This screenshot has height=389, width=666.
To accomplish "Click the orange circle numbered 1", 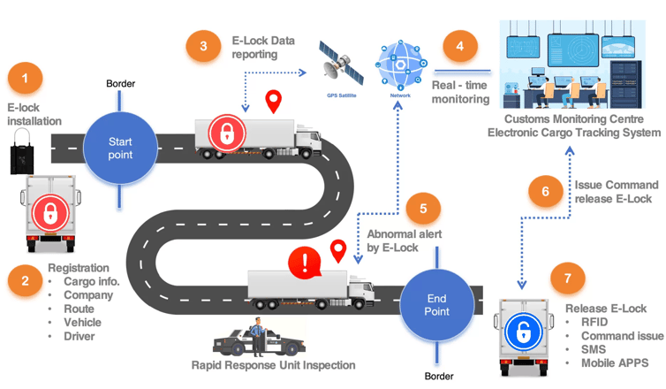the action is [25, 78].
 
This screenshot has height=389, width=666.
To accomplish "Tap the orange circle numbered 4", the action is [460, 46].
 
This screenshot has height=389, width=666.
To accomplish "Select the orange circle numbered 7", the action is [567, 278].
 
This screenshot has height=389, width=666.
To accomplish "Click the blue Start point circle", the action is [120, 148].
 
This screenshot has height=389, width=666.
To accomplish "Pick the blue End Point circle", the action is [436, 305].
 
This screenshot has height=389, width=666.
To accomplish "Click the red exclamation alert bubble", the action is [305, 263].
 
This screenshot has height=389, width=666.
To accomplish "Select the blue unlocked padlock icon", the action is [523, 332].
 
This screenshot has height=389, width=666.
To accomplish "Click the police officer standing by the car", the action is [257, 337].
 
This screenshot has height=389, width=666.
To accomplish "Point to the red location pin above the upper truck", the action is [274, 101].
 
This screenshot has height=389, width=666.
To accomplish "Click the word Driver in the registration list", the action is [79, 336].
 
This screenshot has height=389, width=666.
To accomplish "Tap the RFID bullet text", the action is [594, 323].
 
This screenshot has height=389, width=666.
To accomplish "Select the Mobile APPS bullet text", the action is [615, 363].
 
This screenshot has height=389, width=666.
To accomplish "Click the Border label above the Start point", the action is [121, 84].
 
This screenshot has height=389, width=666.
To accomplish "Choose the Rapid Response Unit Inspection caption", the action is [273, 365].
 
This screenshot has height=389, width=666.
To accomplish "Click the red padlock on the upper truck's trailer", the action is [227, 133].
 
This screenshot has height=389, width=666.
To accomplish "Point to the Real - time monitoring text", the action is [461, 92].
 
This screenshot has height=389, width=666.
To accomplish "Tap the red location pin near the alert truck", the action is [338, 251].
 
